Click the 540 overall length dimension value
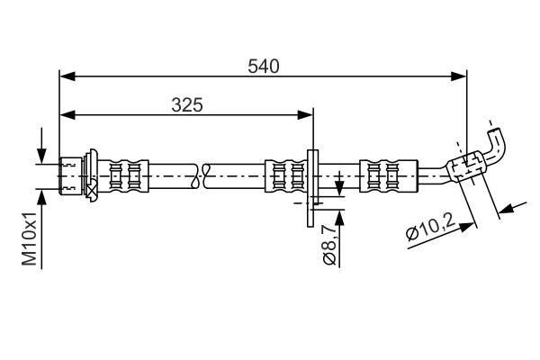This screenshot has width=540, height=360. tap(264, 66)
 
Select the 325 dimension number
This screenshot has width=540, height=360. tap(186, 104)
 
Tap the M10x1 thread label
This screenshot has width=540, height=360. tap(30, 239)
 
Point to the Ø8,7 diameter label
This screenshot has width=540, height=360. tap(329, 243)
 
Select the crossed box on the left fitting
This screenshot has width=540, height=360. tap(92, 188)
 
